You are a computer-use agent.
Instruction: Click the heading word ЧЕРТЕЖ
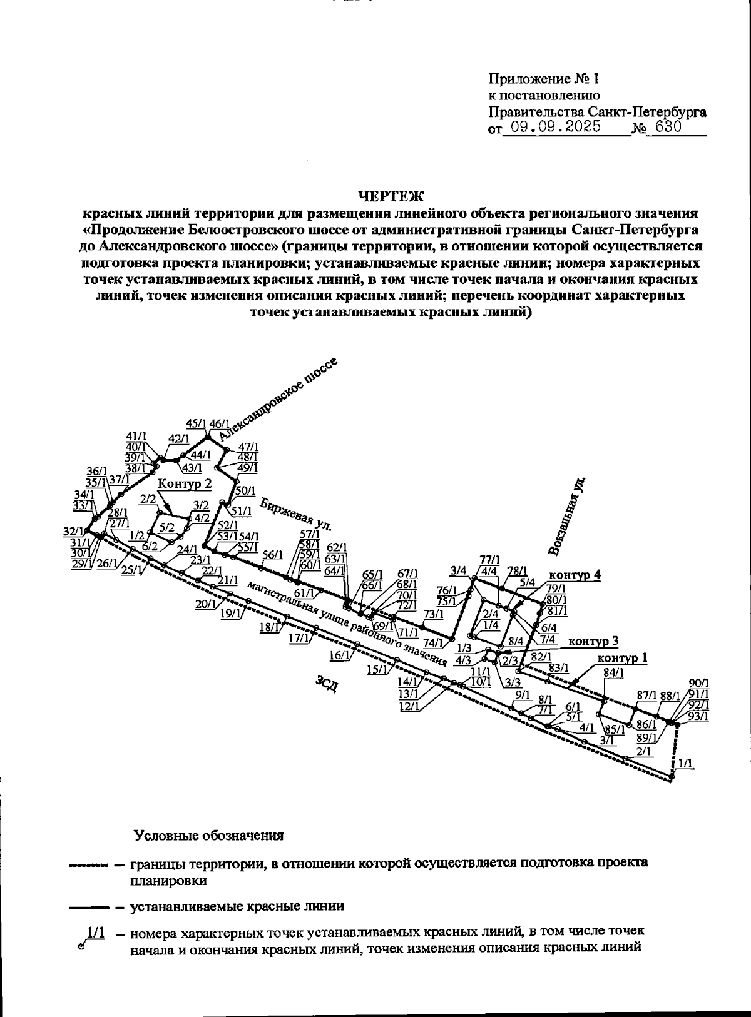click(x=391, y=196)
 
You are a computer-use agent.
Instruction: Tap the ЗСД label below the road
click(x=327, y=684)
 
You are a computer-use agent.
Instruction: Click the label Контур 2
click(x=185, y=483)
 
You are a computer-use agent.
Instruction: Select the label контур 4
click(x=575, y=575)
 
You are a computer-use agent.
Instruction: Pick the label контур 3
click(x=593, y=641)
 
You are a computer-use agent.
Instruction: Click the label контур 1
click(x=622, y=658)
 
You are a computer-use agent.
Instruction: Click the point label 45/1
click(x=197, y=423)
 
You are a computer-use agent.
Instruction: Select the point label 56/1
click(x=272, y=554)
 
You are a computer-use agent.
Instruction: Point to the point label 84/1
click(x=614, y=672)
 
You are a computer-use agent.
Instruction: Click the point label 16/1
click(x=338, y=655)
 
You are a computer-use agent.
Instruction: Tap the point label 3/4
click(x=459, y=570)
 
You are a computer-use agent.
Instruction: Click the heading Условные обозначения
click(x=208, y=836)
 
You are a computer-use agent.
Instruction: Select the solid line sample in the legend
click(x=88, y=906)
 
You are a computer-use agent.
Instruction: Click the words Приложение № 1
click(x=543, y=79)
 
